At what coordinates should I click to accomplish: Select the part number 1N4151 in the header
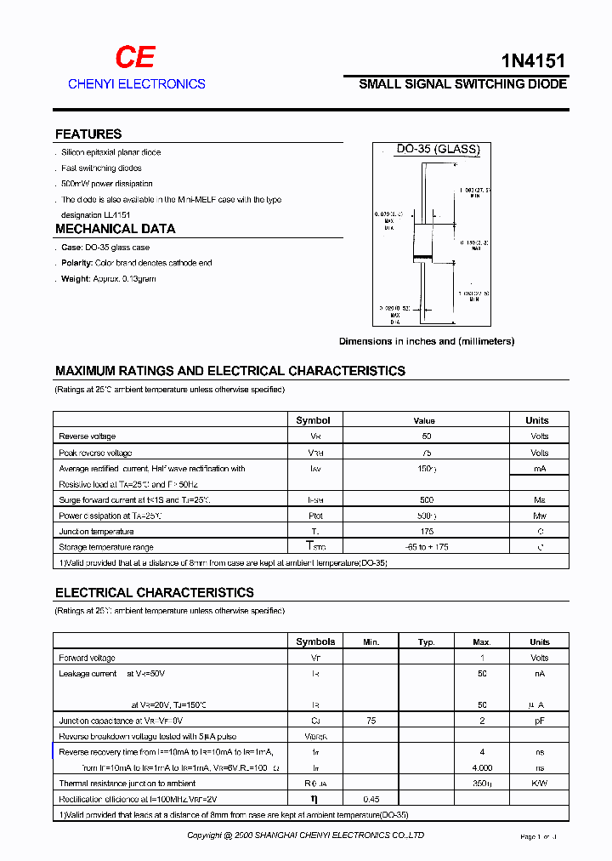point(531,60)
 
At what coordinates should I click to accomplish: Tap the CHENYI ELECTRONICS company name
point(136,83)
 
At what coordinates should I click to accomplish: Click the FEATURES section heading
point(88,134)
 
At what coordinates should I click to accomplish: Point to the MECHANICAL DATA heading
point(115,229)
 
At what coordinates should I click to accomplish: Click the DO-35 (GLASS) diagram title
point(438,150)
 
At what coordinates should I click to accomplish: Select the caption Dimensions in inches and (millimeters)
point(426,341)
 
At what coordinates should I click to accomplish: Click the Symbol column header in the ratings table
point(313,420)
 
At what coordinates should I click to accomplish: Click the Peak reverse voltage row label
point(95,453)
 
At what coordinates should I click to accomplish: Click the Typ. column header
point(427,642)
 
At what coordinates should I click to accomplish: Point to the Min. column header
point(371,642)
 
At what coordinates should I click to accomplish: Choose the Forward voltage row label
point(87,658)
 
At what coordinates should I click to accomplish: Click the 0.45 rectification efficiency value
point(371,799)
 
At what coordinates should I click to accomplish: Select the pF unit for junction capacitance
point(539,721)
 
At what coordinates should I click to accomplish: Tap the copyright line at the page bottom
point(305,835)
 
